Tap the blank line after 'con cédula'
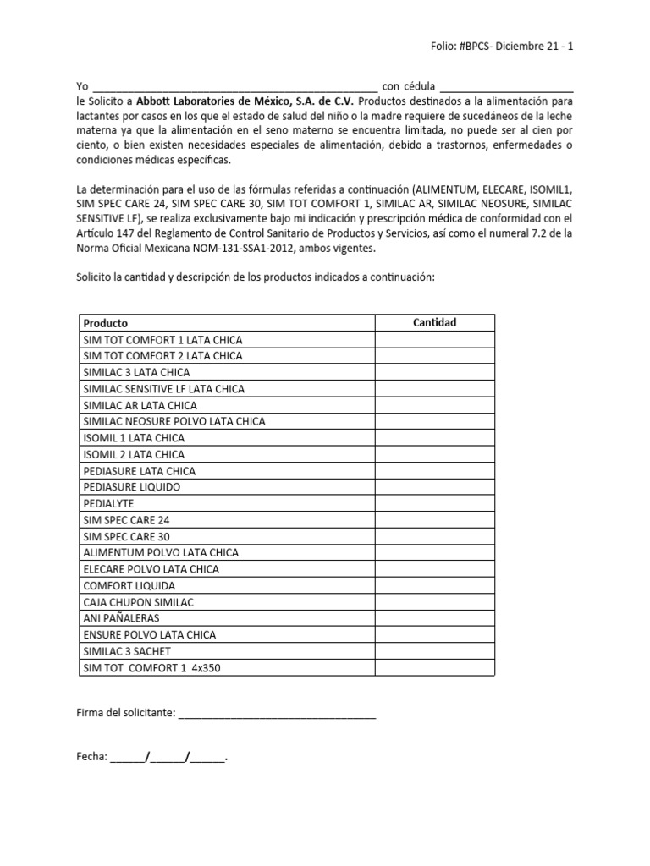point(507,87)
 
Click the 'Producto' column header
point(106,323)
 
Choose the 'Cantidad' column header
point(434,322)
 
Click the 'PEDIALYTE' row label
point(108,503)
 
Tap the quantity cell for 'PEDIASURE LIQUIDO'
point(434,487)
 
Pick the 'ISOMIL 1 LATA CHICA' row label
point(134,438)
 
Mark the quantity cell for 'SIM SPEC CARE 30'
point(434,536)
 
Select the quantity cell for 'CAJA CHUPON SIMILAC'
point(434,601)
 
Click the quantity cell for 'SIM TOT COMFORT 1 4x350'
point(434,667)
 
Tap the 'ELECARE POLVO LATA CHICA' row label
point(151,569)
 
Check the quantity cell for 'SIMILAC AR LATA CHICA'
point(434,405)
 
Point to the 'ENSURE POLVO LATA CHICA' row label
point(149,634)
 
